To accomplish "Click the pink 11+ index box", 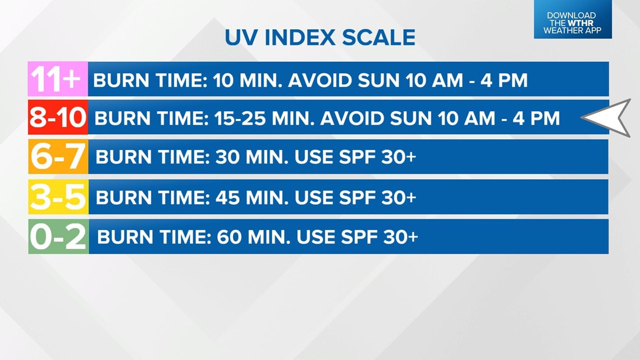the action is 58,79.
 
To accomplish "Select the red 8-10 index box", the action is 58,117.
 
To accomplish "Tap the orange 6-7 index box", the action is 58,157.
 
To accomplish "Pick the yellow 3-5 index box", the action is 58,197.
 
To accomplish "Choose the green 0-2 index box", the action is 58,236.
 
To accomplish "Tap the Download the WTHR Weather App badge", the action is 573,19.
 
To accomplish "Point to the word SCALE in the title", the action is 379,38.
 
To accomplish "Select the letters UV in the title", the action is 241,38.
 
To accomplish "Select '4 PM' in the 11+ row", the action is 504,80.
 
